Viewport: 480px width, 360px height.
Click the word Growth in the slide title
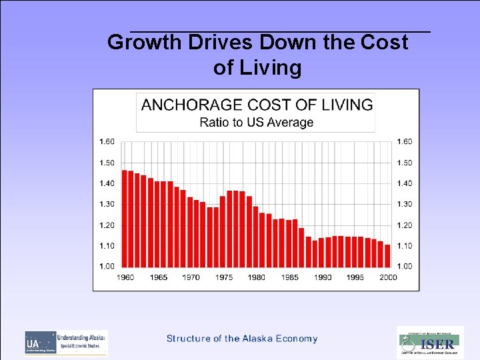pyautogui.click(x=145, y=43)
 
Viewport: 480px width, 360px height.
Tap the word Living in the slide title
pyautogui.click(x=273, y=67)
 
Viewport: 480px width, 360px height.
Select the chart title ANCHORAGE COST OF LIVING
pyautogui.click(x=257, y=105)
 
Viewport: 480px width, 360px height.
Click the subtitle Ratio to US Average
pyautogui.click(x=257, y=123)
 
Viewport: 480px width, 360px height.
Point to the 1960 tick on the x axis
pyautogui.click(x=125, y=277)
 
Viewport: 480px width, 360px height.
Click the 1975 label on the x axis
pyautogui.click(x=223, y=277)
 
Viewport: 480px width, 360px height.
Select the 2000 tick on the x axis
pyautogui.click(x=388, y=277)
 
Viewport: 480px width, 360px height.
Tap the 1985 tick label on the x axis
pyautogui.click(x=289, y=277)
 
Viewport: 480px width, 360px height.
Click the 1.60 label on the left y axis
pyautogui.click(x=107, y=141)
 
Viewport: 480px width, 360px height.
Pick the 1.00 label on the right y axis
pyautogui.click(x=405, y=267)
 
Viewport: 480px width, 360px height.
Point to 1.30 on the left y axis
pyautogui.click(x=107, y=204)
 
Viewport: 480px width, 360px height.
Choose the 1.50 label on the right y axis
pyautogui.click(x=405, y=163)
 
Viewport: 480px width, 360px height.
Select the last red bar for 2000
pyautogui.click(x=387, y=255)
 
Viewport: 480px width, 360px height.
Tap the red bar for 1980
pyautogui.click(x=256, y=237)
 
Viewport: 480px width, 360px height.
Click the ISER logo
pyautogui.click(x=429, y=343)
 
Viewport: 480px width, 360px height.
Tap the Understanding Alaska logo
pyautogui.click(x=66, y=343)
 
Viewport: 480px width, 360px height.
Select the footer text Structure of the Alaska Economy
pyautogui.click(x=242, y=339)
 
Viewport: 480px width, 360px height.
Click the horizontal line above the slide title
pyautogui.click(x=280, y=31)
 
